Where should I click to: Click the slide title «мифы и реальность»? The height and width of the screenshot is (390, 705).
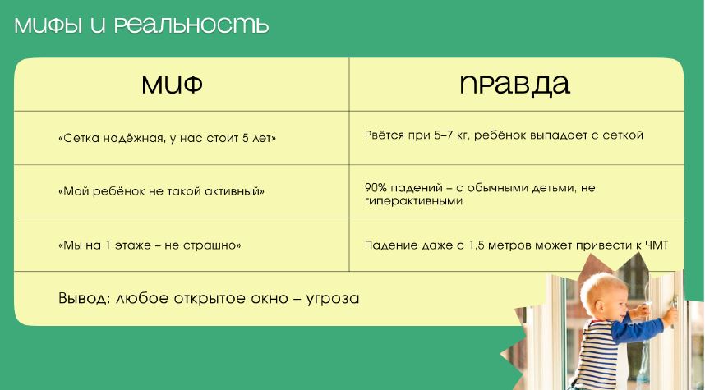(x=141, y=25)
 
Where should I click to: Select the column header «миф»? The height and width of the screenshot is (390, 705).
(x=173, y=85)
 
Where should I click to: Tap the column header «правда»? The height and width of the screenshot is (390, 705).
(x=515, y=85)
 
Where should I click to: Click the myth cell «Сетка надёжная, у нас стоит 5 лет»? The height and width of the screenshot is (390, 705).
(x=168, y=138)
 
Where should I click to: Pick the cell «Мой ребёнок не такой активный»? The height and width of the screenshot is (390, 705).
(x=161, y=191)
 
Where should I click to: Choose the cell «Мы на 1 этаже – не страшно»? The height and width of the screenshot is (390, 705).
(x=150, y=245)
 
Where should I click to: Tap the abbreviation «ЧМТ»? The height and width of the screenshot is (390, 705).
(x=657, y=245)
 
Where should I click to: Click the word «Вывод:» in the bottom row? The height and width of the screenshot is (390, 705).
(x=84, y=298)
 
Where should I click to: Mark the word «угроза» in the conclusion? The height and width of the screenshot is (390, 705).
(x=333, y=299)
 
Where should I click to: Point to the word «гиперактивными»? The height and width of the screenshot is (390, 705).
(x=413, y=201)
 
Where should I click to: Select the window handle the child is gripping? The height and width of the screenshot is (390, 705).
(x=674, y=305)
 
